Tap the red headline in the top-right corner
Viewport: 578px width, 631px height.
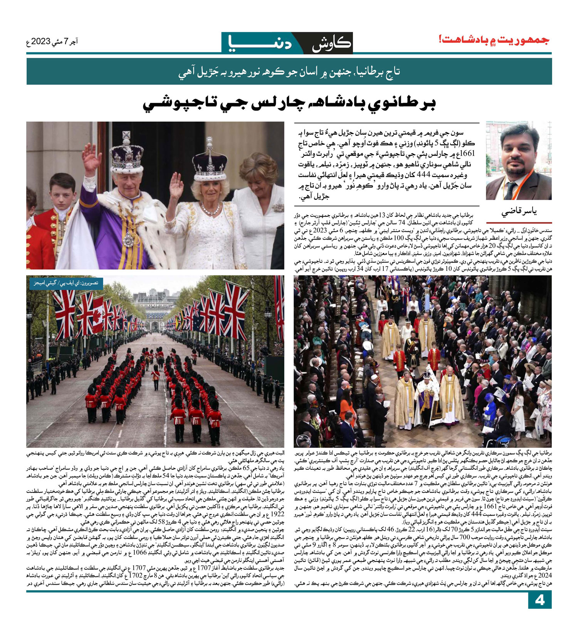(x=495, y=40)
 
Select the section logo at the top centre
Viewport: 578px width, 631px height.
(x=287, y=43)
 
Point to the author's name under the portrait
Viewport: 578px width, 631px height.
(x=519, y=211)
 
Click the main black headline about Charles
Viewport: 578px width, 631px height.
(x=289, y=104)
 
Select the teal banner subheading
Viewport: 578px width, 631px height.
(x=289, y=72)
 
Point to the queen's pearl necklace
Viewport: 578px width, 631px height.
(x=210, y=210)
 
